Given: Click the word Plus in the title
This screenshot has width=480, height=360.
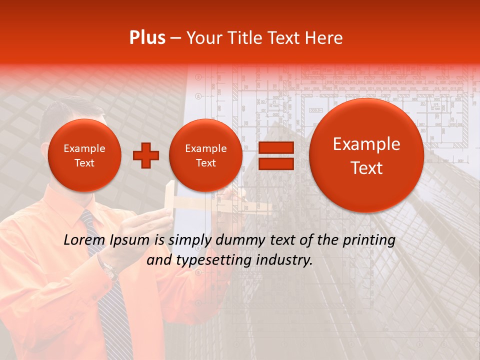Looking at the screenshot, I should (147, 38).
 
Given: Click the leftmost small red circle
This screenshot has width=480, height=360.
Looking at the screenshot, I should (84, 155).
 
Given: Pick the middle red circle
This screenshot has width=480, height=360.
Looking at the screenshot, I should (205, 155).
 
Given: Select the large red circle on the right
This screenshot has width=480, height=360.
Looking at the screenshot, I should (366, 155).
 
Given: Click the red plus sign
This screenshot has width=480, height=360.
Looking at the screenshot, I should (145, 155).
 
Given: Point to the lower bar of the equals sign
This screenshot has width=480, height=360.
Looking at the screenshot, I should (275, 164).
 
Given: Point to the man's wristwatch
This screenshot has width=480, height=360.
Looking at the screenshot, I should (109, 270).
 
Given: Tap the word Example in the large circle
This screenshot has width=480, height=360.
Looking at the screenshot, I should (366, 144).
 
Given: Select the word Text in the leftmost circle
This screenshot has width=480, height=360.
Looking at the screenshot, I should (84, 163).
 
